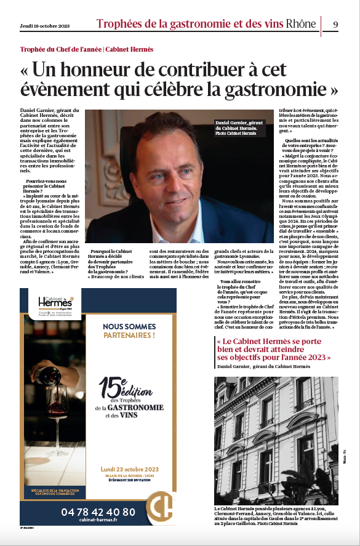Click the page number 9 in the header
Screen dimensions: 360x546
pos(335,24)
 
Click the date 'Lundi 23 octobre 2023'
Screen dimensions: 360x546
pos(129,469)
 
